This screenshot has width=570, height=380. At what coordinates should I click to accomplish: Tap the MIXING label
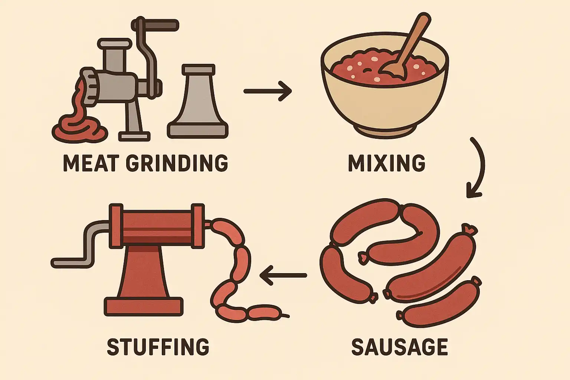[387, 163]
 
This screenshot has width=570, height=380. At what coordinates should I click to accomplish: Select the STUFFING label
[158, 346]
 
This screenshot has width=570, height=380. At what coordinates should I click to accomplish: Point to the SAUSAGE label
[400, 346]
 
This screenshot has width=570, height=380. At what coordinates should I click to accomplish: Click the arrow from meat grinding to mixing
[268, 91]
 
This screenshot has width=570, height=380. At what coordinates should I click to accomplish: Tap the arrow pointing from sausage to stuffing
[283, 275]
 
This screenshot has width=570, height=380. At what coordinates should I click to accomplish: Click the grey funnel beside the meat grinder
[198, 102]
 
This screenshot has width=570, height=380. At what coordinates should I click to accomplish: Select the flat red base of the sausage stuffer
[144, 306]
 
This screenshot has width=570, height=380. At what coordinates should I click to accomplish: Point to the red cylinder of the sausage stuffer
[157, 226]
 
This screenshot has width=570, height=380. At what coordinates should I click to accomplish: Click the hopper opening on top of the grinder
[115, 44]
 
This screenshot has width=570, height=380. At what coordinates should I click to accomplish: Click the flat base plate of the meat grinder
[134, 136]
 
